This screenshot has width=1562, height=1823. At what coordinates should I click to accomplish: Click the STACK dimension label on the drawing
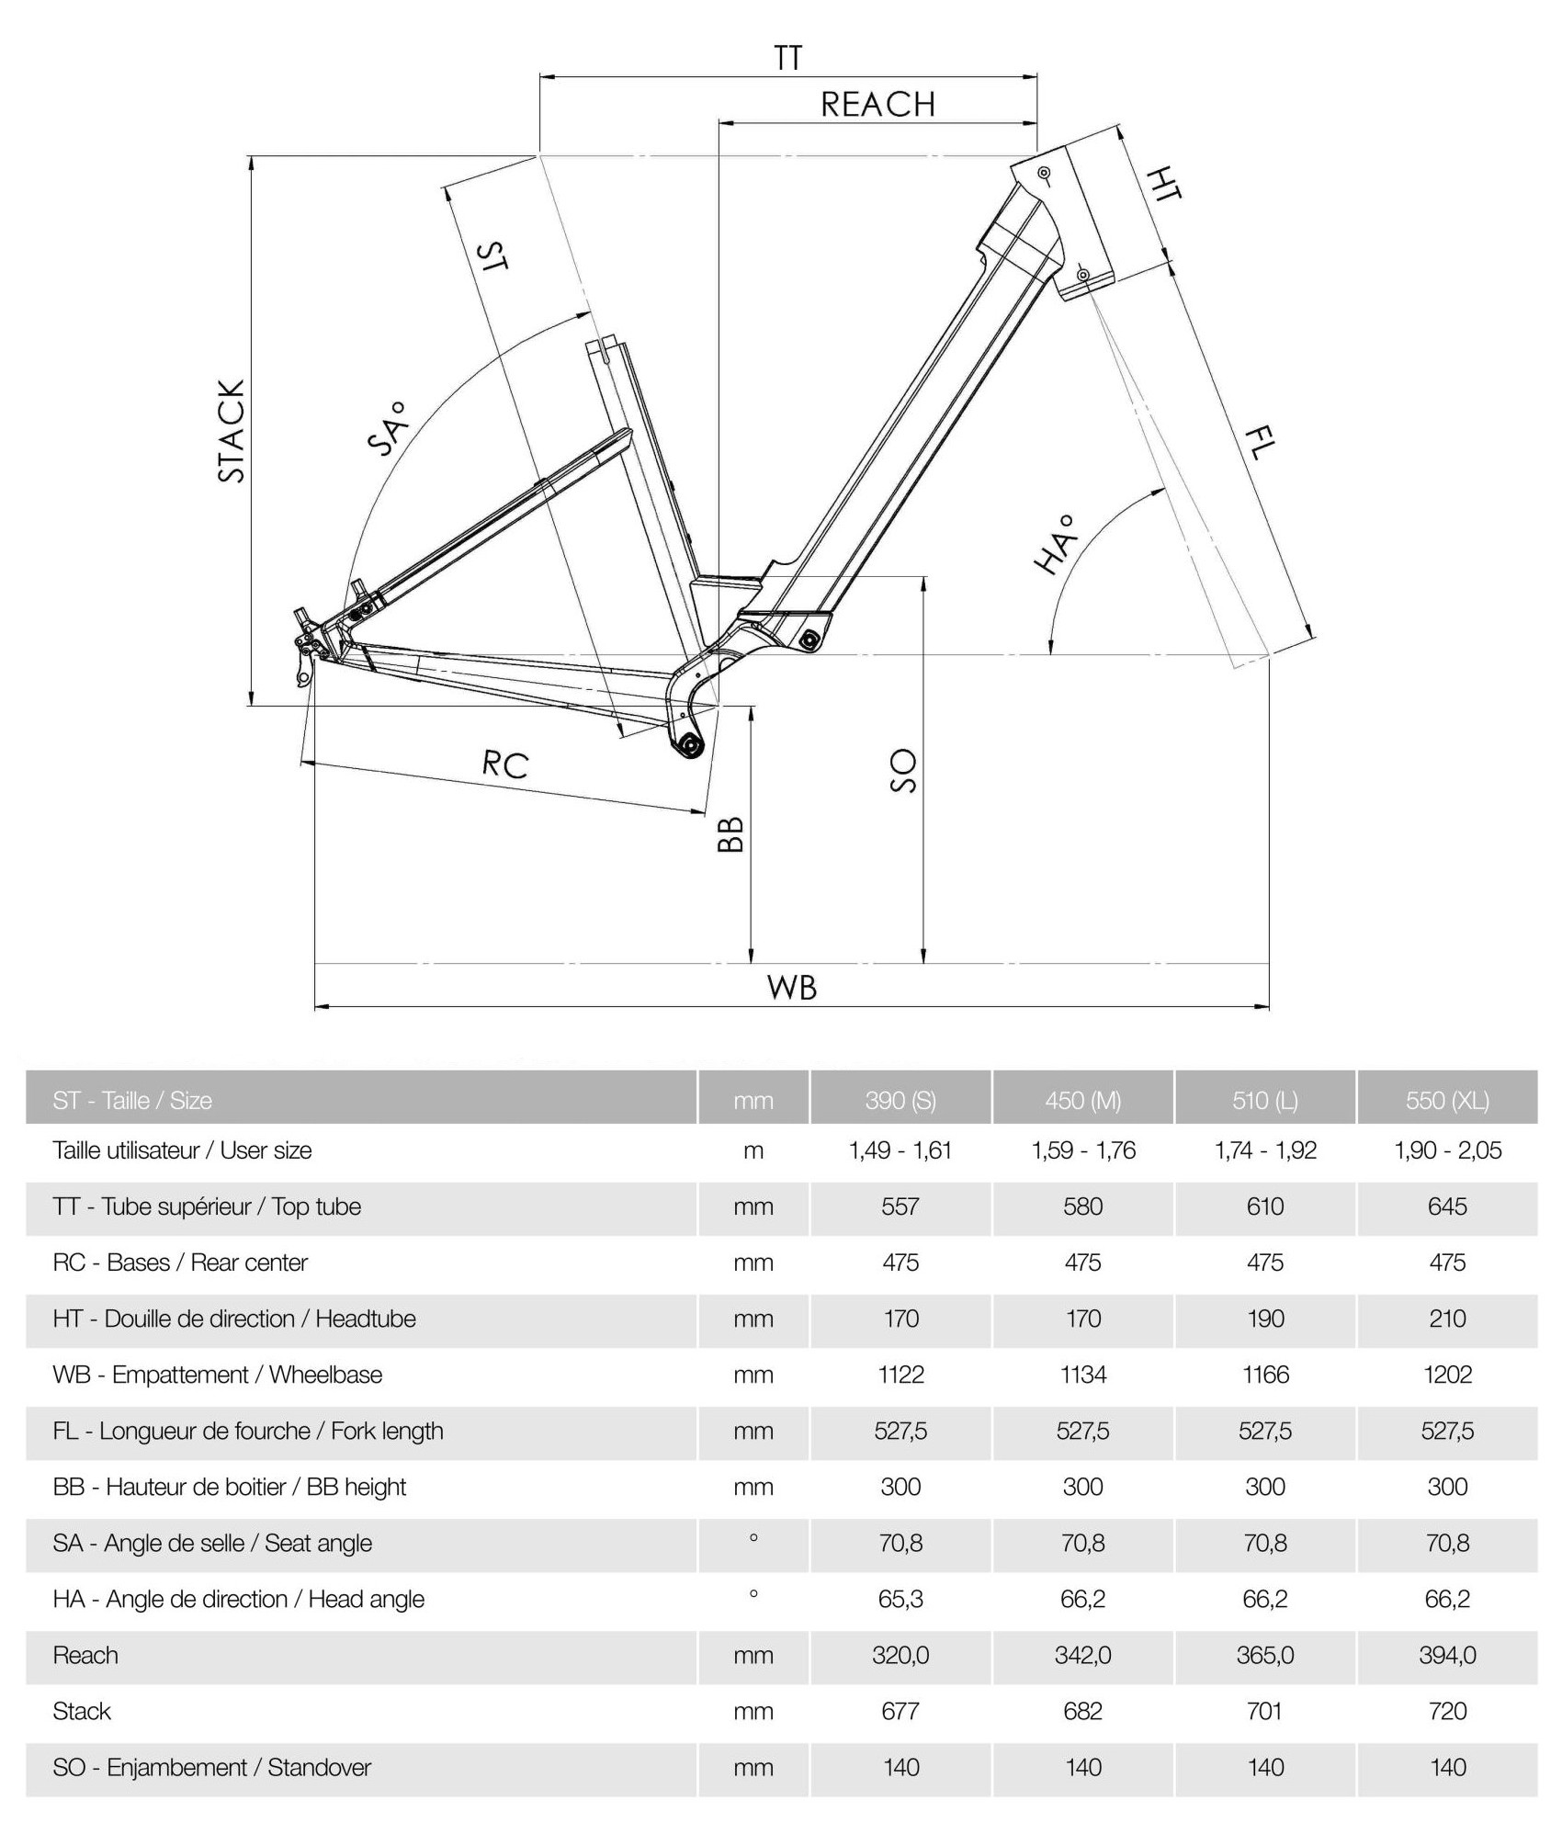232,431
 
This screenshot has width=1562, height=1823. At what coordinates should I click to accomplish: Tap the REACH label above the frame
877,105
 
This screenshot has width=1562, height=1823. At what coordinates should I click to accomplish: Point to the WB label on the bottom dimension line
791,988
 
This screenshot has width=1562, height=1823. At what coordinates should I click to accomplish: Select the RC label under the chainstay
505,764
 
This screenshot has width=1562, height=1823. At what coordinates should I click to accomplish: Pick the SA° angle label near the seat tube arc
387,428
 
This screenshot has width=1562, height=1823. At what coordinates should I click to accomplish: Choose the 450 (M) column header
1082,1100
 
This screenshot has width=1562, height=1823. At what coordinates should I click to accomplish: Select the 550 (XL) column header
1447,1100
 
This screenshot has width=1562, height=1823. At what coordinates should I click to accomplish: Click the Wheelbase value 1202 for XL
1447,1375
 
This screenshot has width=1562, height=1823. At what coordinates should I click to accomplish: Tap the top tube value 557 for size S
900,1206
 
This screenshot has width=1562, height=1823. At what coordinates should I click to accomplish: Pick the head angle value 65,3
900,1599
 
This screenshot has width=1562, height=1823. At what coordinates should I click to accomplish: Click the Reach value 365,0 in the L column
1264,1655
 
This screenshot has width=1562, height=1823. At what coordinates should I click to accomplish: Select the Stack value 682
1082,1711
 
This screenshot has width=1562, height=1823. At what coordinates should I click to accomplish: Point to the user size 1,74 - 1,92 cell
1264,1150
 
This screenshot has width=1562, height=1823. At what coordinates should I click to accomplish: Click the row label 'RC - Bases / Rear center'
180,1263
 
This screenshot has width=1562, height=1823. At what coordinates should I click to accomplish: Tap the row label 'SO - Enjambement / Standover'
211,1767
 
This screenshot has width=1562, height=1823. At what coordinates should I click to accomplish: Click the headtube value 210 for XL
1447,1319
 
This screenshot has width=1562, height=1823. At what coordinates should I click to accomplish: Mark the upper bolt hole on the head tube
1044,173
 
